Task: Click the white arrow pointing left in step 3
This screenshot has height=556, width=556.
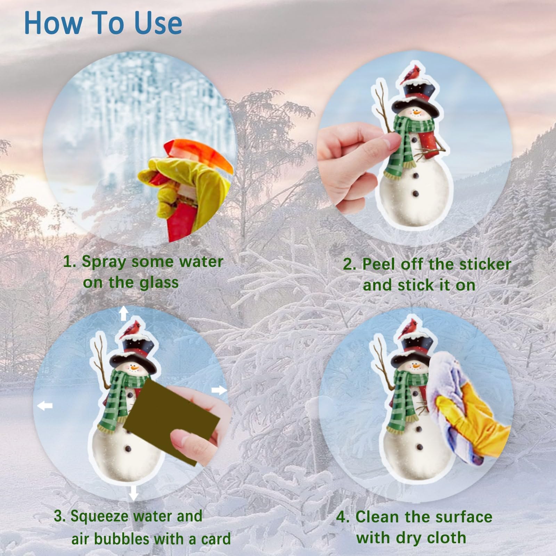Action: click(45, 405)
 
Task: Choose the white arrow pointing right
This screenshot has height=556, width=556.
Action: click(219, 391)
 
